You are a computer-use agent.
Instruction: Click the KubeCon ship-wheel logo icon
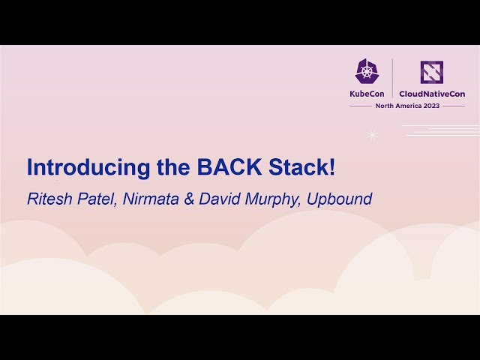tap(367, 71)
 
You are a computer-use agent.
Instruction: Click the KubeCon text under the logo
tap(367, 94)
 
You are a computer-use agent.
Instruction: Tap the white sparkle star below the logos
tap(372, 135)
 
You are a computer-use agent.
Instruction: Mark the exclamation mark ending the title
tap(331, 166)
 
